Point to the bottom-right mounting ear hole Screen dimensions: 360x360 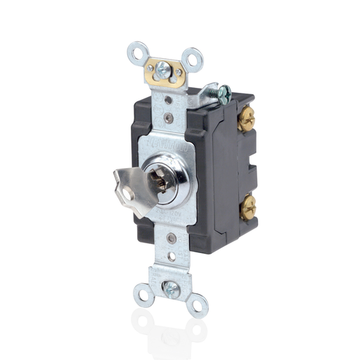point(198,305)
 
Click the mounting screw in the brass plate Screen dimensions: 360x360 point(162,69)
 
